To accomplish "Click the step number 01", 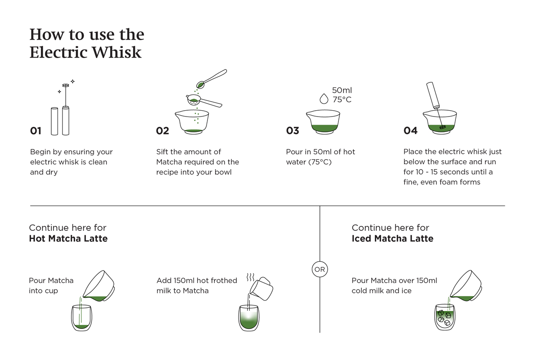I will click(x=36, y=131).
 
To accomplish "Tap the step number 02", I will click(x=162, y=131).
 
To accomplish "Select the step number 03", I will click(x=292, y=131).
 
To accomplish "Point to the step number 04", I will click(x=410, y=131).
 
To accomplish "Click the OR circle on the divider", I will click(x=319, y=270).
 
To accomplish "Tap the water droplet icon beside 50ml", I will click(x=324, y=99).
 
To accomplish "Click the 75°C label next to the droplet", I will click(x=342, y=100).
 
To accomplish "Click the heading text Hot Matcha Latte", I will click(x=68, y=238).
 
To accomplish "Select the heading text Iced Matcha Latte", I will click(x=392, y=238).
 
